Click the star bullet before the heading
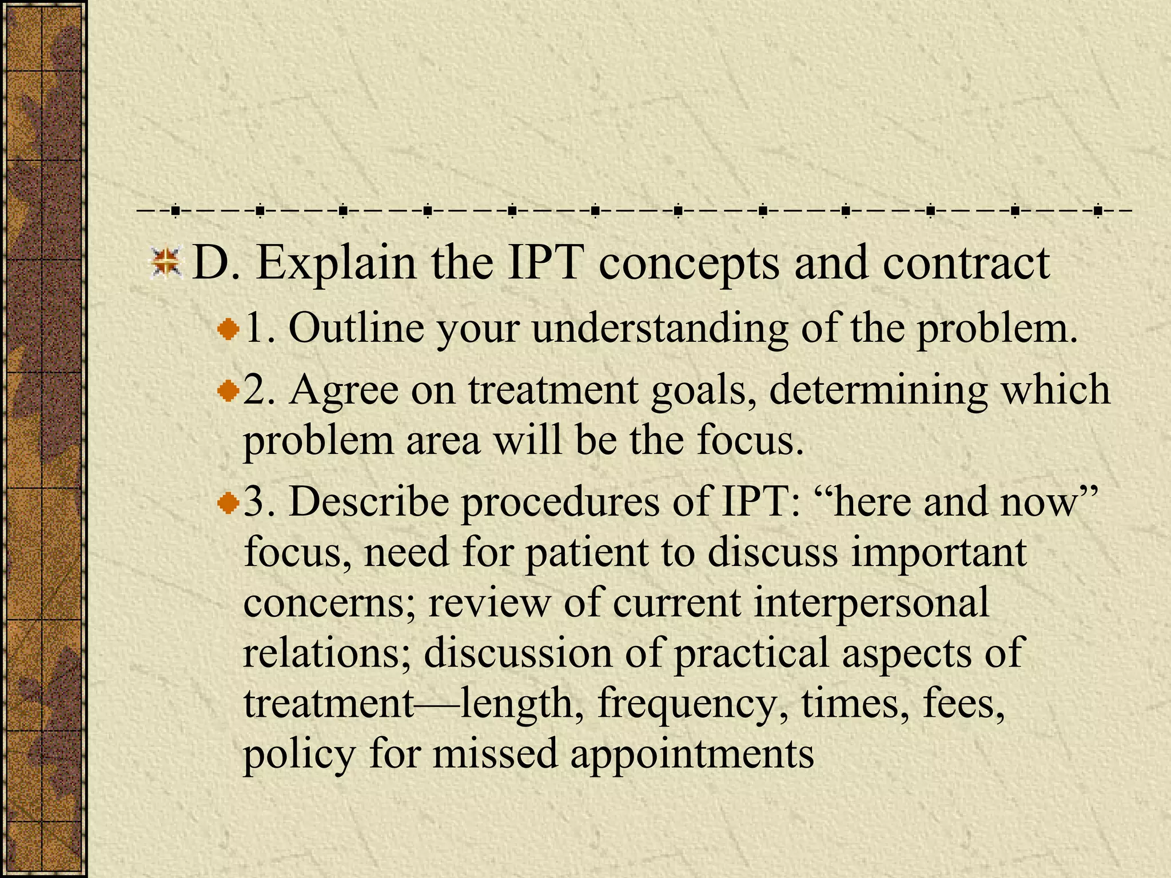pyautogui.click(x=165, y=264)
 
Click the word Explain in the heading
pyautogui.click(x=336, y=264)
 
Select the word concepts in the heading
pyautogui.click(x=688, y=264)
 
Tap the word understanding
pyautogui.click(x=660, y=330)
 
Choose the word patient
pyautogui.click(x=587, y=554)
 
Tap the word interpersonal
pyautogui.click(x=871, y=604)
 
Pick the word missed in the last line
pyautogui.click(x=495, y=753)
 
